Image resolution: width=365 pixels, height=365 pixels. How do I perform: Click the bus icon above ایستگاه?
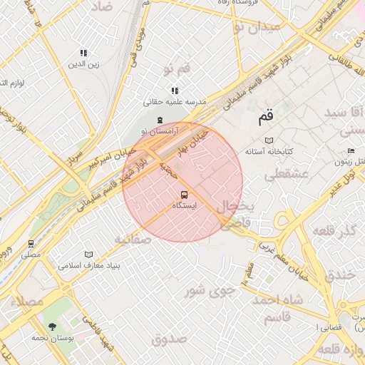click(184, 195)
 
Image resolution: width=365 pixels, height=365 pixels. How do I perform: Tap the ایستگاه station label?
click(184, 205)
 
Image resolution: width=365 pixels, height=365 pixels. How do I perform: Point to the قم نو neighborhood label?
click(176, 69)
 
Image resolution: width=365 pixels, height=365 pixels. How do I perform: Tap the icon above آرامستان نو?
click(159, 120)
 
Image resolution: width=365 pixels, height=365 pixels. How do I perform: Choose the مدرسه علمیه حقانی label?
click(175, 102)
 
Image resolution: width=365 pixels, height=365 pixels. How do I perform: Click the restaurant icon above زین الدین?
click(83, 53)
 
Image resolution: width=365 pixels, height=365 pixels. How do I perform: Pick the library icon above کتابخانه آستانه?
click(269, 140)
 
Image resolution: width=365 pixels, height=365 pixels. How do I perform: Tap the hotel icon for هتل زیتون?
click(351, 151)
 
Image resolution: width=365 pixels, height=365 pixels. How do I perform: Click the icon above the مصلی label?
click(30, 243)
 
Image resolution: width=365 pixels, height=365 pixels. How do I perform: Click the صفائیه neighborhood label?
click(133, 240)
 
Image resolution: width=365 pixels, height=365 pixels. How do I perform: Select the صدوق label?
click(169, 338)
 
